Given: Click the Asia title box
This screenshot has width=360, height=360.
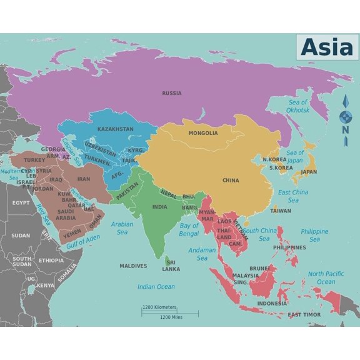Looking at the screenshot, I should coord(327,47).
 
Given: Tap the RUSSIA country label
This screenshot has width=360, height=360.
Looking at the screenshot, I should coord(172,94).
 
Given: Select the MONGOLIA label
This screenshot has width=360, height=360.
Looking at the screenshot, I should coord(203,133).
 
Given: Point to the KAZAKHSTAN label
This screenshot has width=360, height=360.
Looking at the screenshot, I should coord(115,129).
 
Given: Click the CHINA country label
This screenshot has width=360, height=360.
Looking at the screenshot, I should coord(231,181).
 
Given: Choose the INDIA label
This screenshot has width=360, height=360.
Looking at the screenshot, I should coord(159,207).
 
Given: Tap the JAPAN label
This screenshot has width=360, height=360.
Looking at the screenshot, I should coord(309,172).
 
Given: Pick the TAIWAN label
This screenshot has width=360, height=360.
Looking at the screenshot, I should coord(281,211).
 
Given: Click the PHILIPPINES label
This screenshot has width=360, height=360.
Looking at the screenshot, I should coord(289,247).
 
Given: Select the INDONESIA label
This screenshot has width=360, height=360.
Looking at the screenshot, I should coord(272,304).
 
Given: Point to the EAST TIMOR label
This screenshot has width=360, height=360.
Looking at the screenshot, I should coord(304,315).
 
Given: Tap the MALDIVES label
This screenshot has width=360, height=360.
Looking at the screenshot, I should coord(133,266).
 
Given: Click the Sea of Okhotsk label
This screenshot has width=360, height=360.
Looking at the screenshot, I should coord(298,106).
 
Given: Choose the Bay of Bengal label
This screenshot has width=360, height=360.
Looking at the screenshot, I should coord(189,229).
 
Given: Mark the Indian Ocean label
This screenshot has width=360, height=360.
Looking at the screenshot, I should coord(156,287).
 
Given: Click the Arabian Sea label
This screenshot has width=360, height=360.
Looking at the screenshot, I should coord(122,227).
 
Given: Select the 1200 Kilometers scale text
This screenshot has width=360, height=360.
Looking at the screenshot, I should coord(159,307).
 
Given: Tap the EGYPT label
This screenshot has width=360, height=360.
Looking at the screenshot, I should coord(21,203).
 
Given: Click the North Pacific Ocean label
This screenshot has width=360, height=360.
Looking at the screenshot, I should coord(326,277).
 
